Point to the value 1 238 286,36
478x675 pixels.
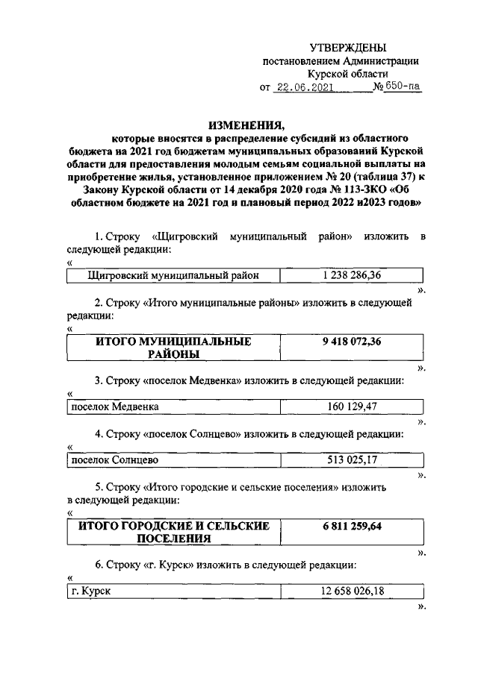pyautogui.click(x=352, y=275)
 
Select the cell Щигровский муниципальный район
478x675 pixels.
pyautogui.click(x=173, y=275)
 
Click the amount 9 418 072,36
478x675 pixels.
pyautogui.click(x=352, y=342)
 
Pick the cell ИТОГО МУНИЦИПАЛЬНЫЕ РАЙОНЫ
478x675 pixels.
pyautogui.click(x=173, y=348)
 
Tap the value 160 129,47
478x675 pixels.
pyautogui.click(x=352, y=406)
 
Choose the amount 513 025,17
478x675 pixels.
pyautogui.click(x=352, y=459)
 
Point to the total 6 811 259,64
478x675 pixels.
pyautogui.click(x=352, y=526)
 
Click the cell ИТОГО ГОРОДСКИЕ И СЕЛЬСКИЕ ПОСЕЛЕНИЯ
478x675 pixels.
pyautogui.click(x=173, y=532)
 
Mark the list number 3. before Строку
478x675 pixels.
pyautogui.click(x=99, y=380)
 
